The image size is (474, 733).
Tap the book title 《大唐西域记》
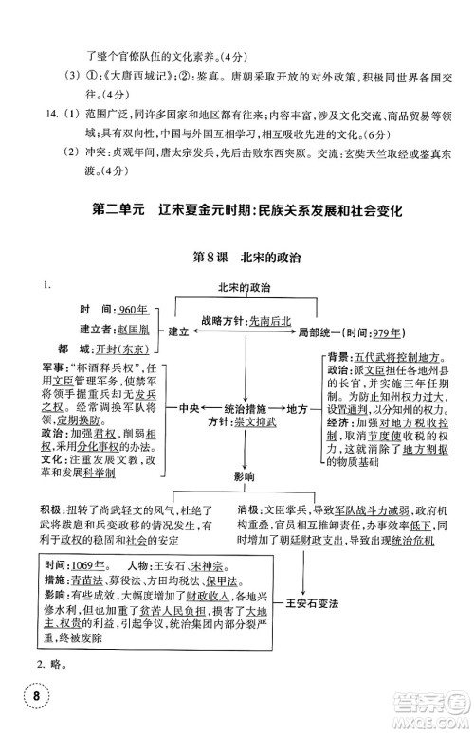click(x=130, y=74)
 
